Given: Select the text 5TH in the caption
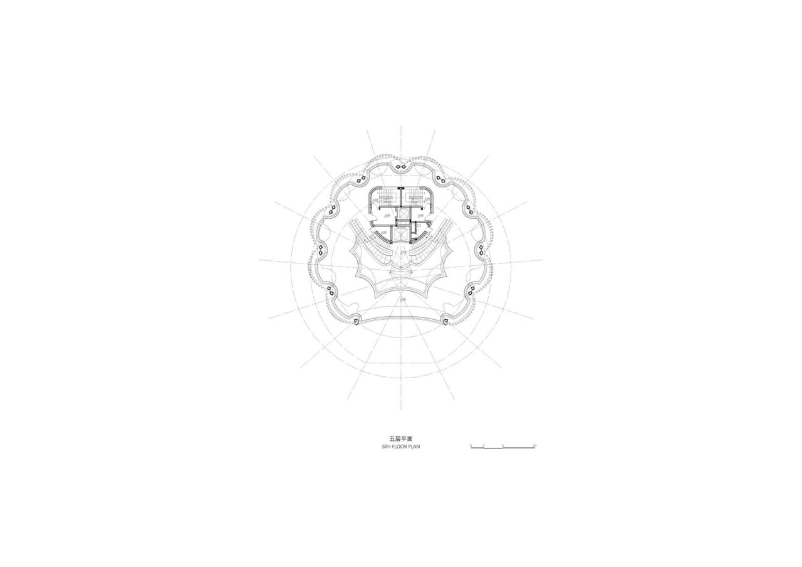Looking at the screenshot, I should pyautogui.click(x=387, y=447).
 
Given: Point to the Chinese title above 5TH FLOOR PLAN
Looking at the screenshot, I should pyautogui.click(x=401, y=439).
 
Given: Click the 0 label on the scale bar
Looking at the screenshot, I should pyautogui.click(x=471, y=445).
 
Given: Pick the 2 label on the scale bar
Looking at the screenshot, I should pyautogui.click(x=484, y=445).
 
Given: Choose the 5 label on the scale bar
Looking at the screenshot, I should pyautogui.click(x=503, y=445).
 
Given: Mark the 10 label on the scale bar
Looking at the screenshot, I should pyautogui.click(x=534, y=445).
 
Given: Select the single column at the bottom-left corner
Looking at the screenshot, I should pyautogui.click(x=356, y=322).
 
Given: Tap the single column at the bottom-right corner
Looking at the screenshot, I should pyautogui.click(x=445, y=322).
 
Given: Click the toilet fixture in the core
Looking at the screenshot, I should pyautogui.click(x=418, y=224).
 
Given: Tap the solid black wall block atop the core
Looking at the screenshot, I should pyautogui.click(x=401, y=188).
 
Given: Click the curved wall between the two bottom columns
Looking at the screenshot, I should pyautogui.click(x=401, y=317).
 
